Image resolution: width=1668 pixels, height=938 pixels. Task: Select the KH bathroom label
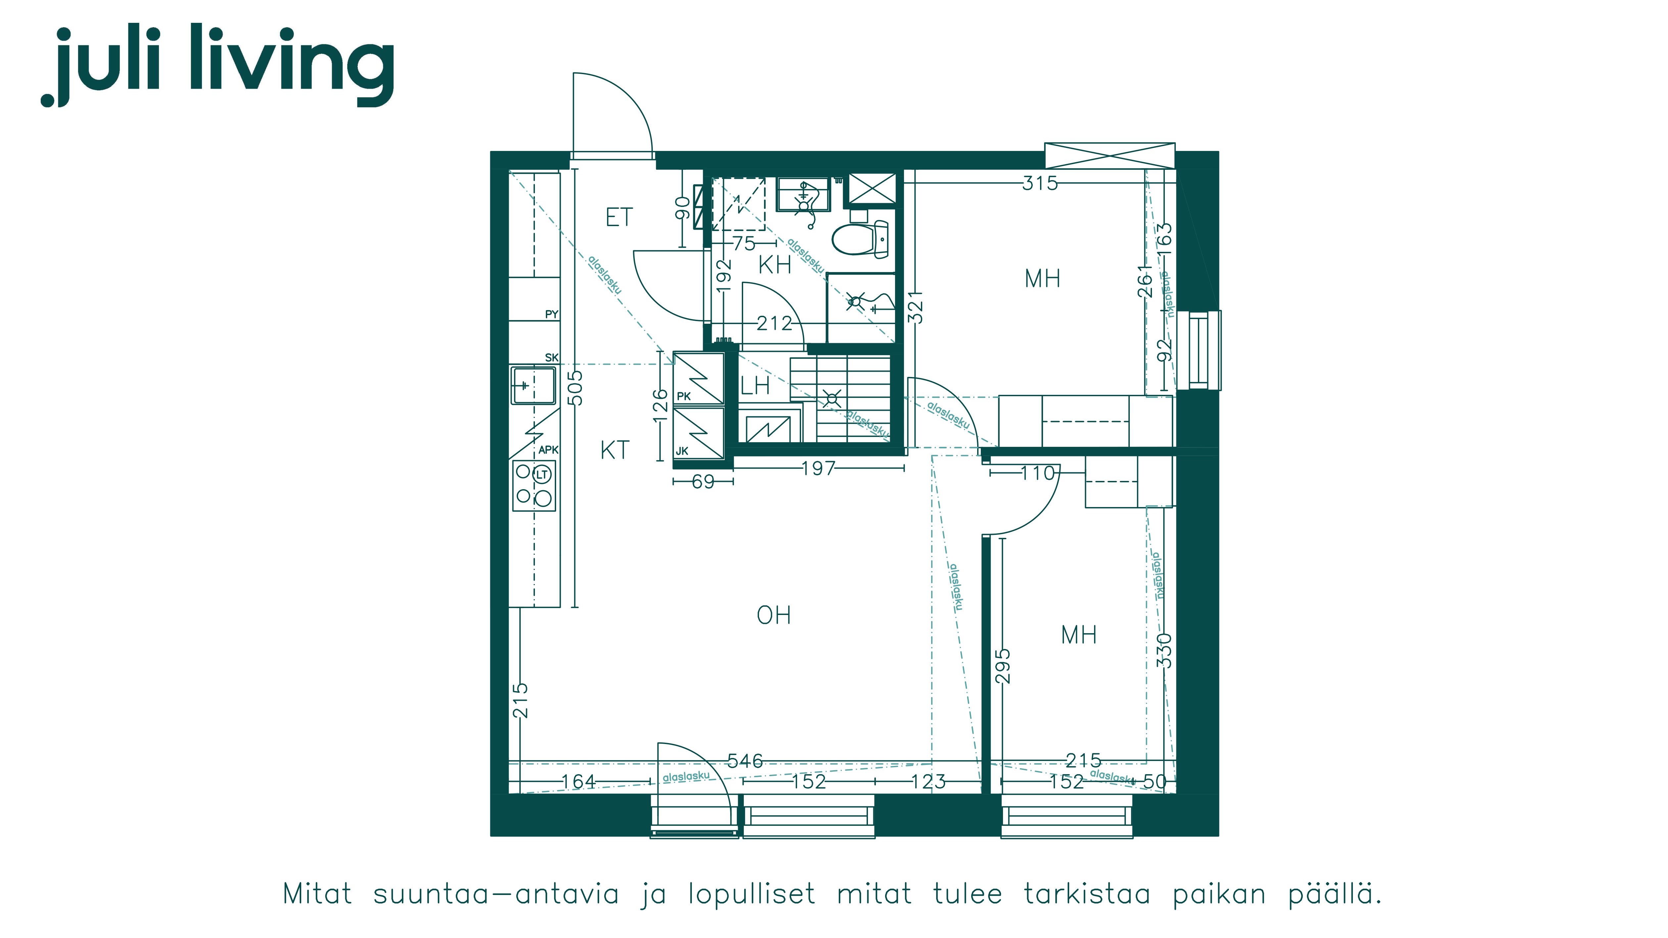point(775,265)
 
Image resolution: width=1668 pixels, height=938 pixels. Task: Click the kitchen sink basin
point(534,385)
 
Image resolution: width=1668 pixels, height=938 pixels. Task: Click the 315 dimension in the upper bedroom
point(1040,183)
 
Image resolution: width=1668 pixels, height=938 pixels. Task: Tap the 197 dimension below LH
point(819,468)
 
